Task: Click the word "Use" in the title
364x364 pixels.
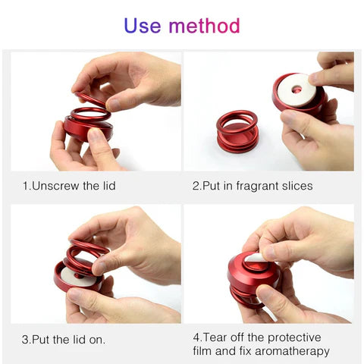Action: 142,26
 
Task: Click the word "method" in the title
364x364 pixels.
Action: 203,26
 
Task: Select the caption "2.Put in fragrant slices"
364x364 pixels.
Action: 253,186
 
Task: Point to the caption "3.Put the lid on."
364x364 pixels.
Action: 64,339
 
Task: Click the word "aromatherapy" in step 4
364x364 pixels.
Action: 291,350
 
